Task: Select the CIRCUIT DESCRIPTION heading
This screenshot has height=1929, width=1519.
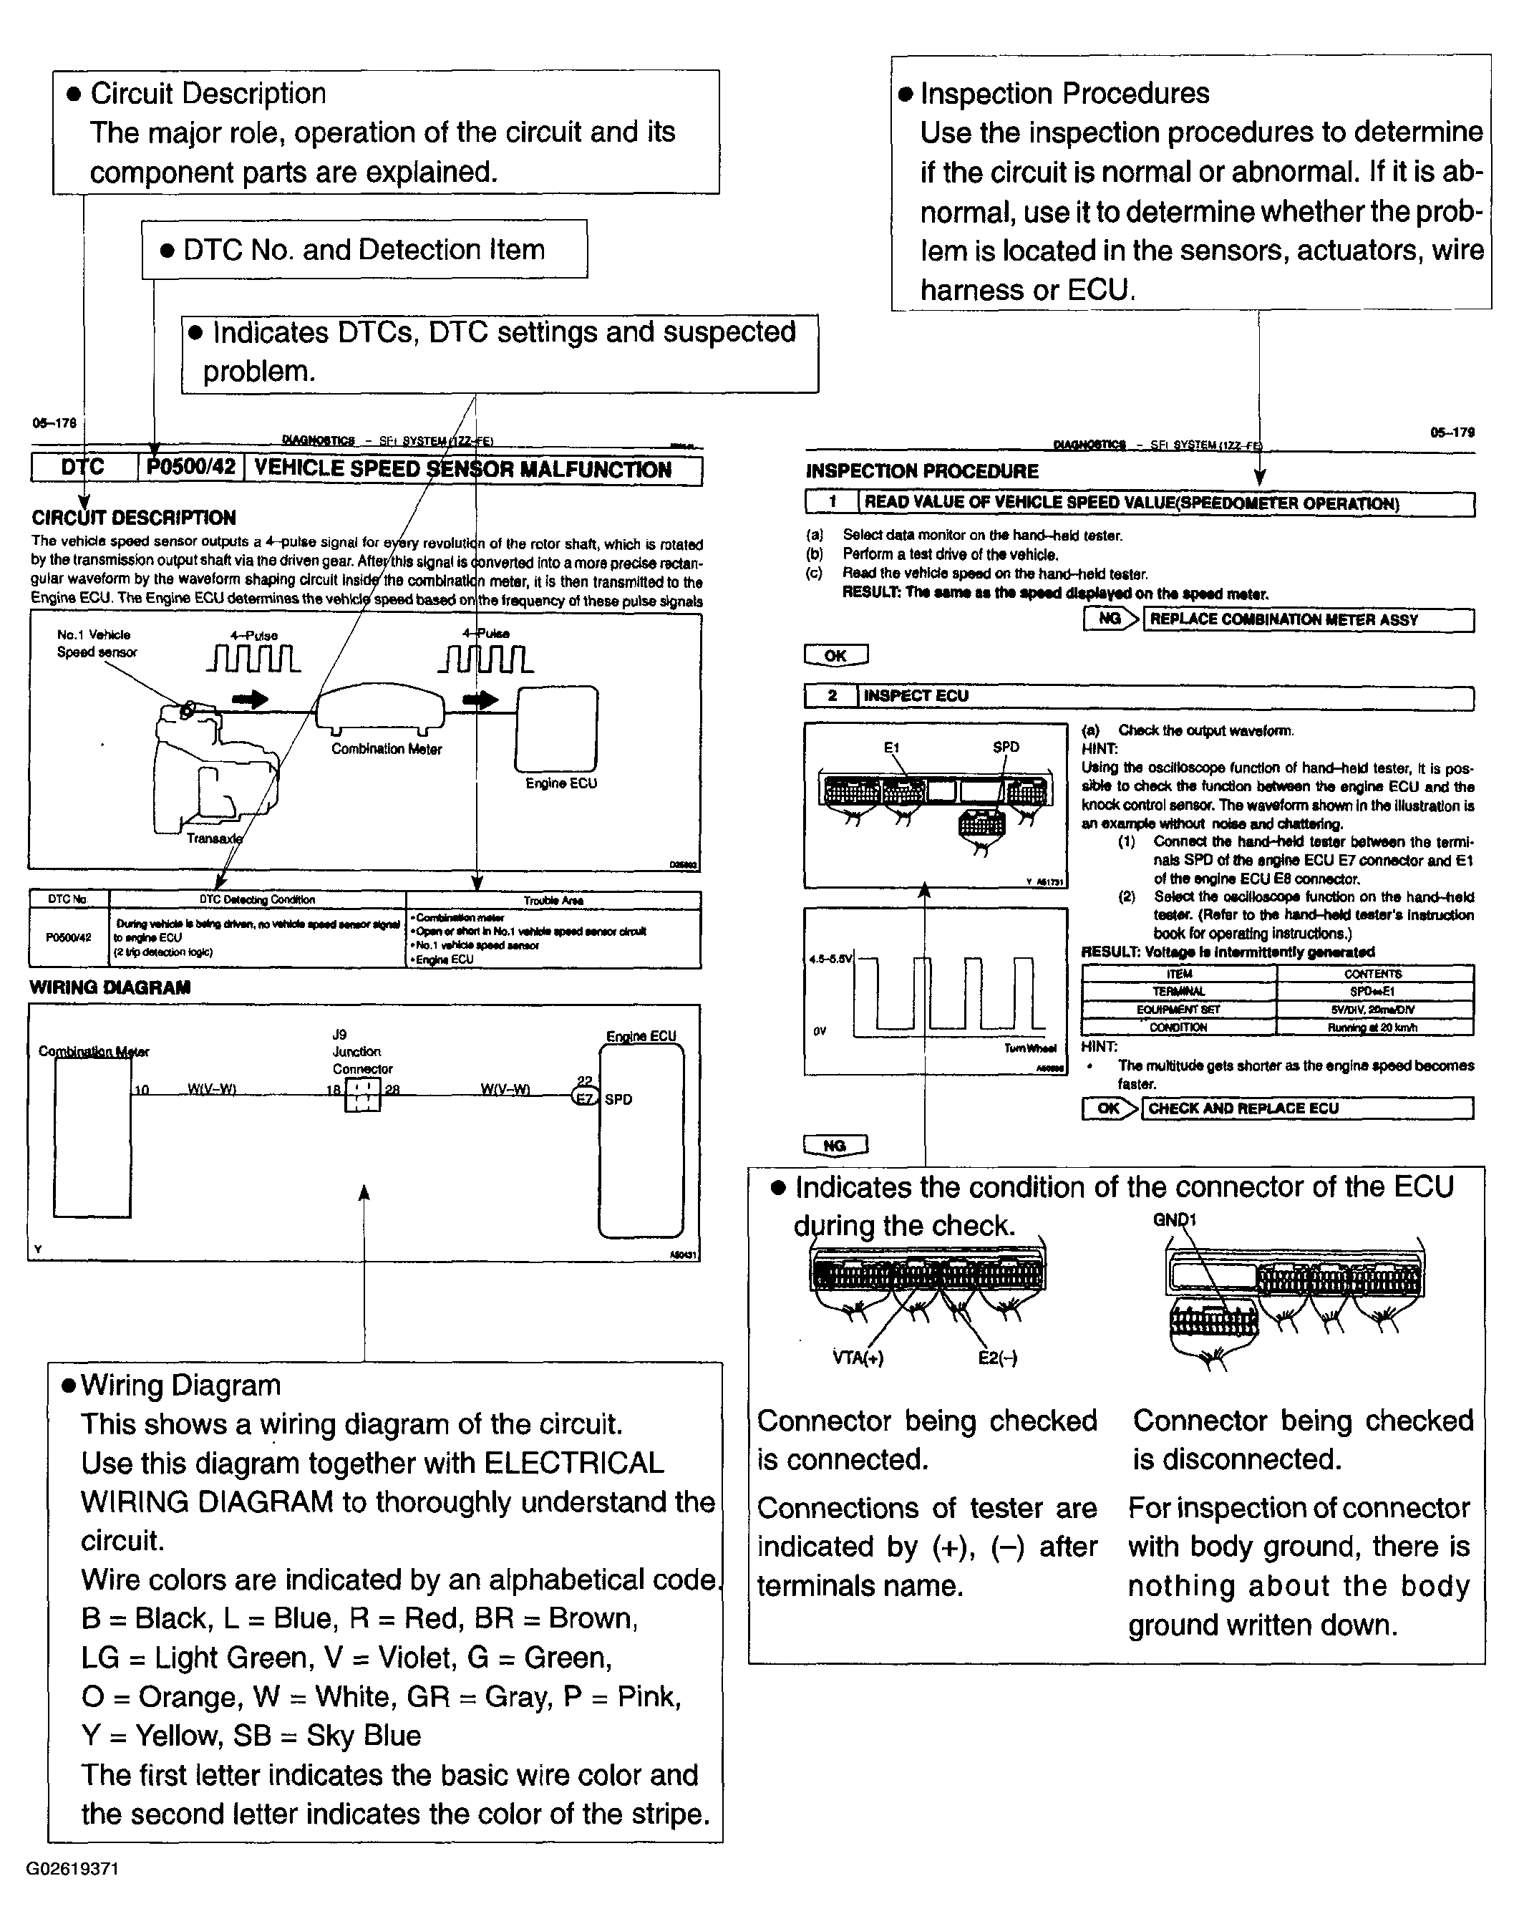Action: pos(133,518)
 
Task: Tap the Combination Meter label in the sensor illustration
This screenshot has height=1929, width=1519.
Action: pos(386,749)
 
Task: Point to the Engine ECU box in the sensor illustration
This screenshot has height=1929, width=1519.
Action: pos(557,728)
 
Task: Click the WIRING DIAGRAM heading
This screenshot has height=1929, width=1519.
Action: pos(110,987)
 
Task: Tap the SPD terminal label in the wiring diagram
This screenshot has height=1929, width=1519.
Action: pos(618,1099)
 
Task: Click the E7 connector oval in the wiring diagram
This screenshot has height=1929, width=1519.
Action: pos(584,1098)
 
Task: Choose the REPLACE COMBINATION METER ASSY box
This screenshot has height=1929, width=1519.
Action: pos(1307,620)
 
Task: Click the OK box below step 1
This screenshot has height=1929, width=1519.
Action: pos(835,655)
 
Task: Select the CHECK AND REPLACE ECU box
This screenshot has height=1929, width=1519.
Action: pos(1307,1108)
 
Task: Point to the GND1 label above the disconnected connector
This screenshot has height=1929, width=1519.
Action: pos(1174,1219)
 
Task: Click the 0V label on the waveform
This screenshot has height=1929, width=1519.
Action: pos(819,1032)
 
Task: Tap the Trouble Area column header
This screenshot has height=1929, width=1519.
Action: pos(553,900)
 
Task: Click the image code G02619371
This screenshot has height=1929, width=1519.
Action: pos(72,1869)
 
